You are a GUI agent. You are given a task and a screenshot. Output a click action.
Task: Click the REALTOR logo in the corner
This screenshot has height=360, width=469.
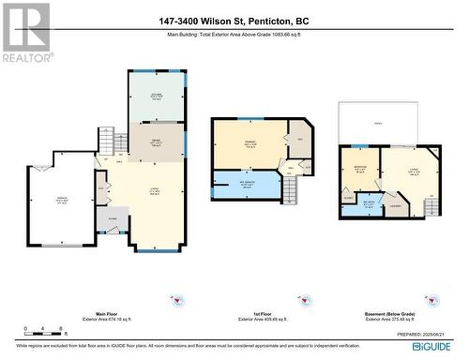pos(25,32)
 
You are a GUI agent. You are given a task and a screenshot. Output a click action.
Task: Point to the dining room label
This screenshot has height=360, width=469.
pos(157,140)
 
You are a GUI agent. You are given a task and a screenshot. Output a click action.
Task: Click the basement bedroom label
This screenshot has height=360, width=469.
pos(359,171)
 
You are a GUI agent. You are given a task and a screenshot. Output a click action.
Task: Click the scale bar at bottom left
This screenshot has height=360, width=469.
pos(46,330)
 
